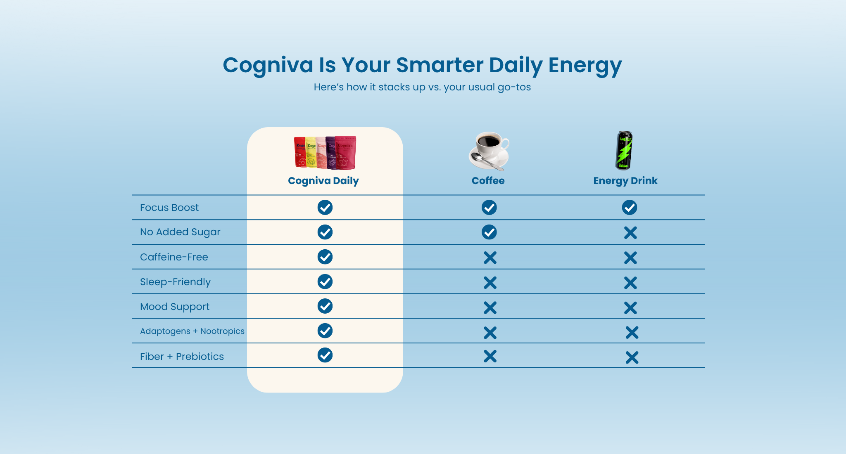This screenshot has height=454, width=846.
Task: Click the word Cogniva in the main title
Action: tap(268, 65)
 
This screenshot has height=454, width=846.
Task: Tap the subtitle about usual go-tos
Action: tap(422, 87)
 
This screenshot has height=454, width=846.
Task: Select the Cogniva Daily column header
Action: tap(323, 181)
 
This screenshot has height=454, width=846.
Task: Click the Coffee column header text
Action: tap(488, 181)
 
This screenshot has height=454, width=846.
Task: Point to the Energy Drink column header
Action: tap(625, 181)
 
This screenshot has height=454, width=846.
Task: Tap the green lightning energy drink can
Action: tap(624, 150)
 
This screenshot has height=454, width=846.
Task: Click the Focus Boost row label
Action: tap(169, 208)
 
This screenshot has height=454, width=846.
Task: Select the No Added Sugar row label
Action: tap(180, 232)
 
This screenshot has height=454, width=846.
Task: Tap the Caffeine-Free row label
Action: tap(174, 257)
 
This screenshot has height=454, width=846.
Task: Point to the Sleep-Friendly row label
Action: tap(175, 282)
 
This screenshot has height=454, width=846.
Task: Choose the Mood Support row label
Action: tap(175, 307)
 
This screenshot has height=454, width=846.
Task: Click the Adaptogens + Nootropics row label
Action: tap(192, 331)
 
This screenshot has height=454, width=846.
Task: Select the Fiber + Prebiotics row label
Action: tap(182, 356)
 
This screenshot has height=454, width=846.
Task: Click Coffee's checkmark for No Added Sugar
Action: tap(489, 232)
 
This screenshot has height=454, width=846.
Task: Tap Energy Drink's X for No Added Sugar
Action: tap(630, 233)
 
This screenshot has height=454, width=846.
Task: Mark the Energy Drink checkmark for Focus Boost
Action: tap(630, 207)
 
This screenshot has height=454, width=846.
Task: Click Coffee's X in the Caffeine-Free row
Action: tap(490, 258)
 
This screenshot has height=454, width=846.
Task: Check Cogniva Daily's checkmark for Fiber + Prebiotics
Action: tap(325, 355)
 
